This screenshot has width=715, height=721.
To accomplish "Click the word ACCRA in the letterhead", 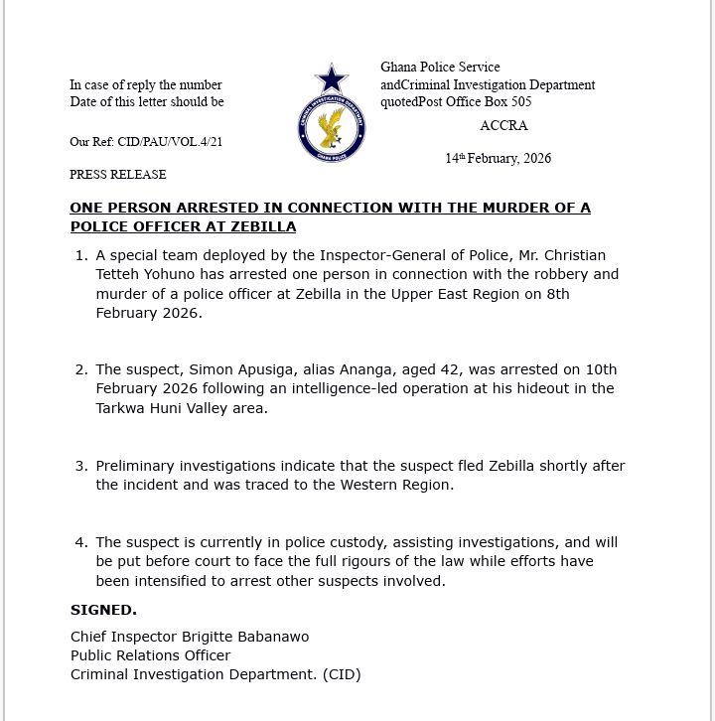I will pyautogui.click(x=503, y=126).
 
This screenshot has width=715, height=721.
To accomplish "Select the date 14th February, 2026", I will pyautogui.click(x=498, y=159).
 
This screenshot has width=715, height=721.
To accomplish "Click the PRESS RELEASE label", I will pyautogui.click(x=117, y=175).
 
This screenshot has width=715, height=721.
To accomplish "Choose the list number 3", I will pyautogui.click(x=81, y=466).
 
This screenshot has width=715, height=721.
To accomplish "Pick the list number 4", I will pyautogui.click(x=81, y=542).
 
